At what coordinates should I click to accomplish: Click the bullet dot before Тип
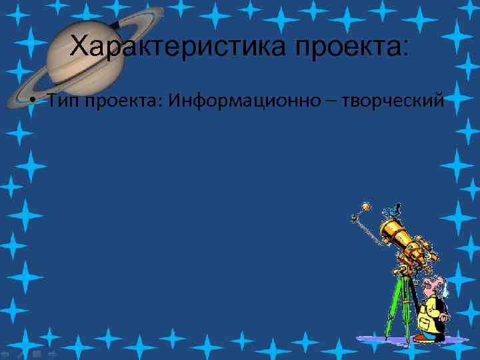33,102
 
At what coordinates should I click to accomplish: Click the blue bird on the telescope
393,210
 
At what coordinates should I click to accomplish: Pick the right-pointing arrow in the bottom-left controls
51,353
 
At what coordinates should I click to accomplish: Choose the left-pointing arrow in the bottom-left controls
5,353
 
